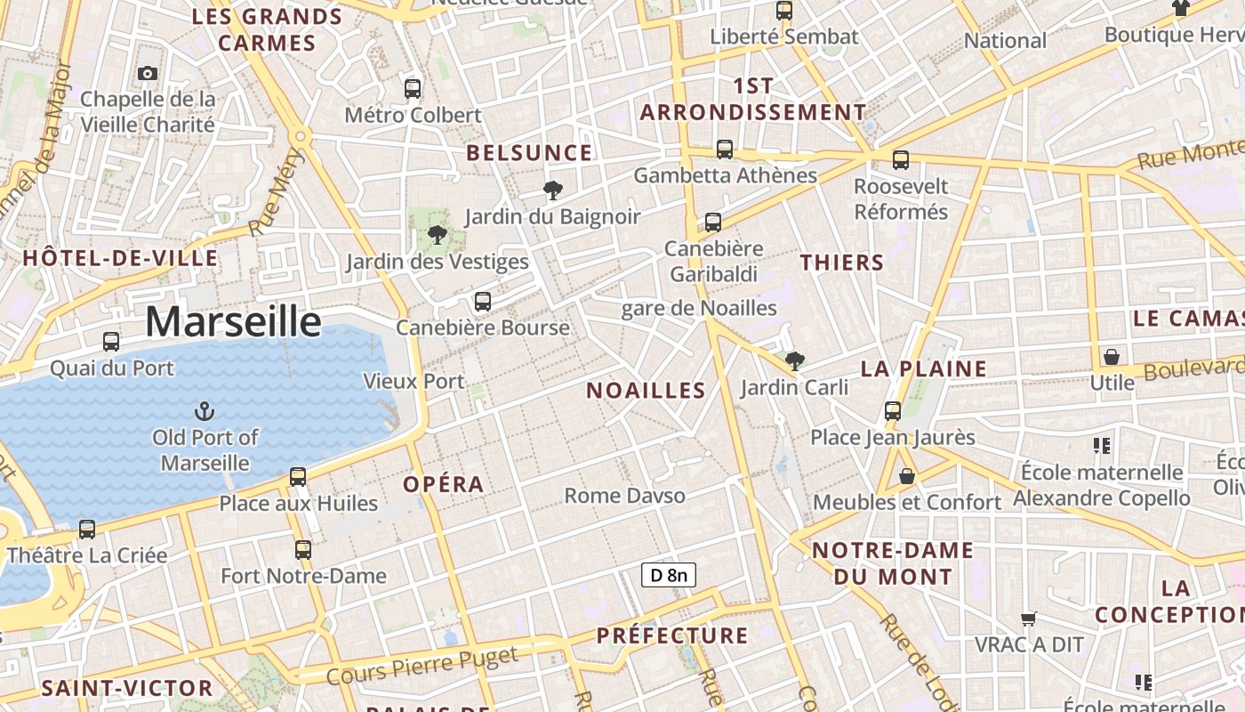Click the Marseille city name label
click(x=233, y=321)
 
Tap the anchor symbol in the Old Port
click(x=205, y=411)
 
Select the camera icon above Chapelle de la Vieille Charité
click(x=148, y=73)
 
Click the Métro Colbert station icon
click(x=413, y=89)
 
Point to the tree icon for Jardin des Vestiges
click(x=437, y=235)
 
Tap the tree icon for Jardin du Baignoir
click(x=552, y=190)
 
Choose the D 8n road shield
click(x=668, y=575)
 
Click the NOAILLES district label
click(x=647, y=390)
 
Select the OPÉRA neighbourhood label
click(x=444, y=484)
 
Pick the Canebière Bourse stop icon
click(x=483, y=302)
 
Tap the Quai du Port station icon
click(x=111, y=342)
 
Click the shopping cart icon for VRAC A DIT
click(x=1029, y=619)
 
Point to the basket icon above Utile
click(x=1112, y=357)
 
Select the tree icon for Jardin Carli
click(x=795, y=360)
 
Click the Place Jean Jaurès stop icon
click(x=893, y=411)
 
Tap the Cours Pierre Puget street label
click(x=422, y=667)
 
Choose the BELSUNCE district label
click(x=529, y=153)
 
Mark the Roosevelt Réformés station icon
click(x=901, y=160)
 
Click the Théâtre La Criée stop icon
click(x=87, y=530)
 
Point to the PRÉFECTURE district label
click(x=672, y=635)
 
